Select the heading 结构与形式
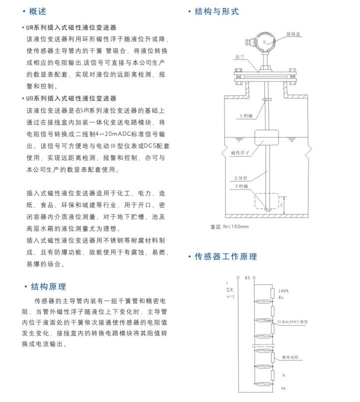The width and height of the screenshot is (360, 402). click(x=216, y=11)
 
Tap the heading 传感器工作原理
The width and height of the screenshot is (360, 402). click(x=225, y=256)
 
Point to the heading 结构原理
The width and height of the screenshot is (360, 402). click(x=48, y=286)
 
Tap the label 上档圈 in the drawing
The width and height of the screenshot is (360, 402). click(x=245, y=115)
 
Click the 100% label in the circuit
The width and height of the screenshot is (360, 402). click(x=283, y=290)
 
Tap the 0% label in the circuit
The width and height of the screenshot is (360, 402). click(x=283, y=388)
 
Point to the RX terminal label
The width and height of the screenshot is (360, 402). click(x=247, y=276)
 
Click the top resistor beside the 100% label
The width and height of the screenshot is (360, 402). click(x=272, y=293)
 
